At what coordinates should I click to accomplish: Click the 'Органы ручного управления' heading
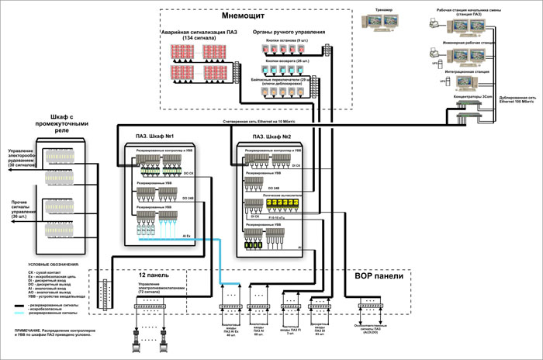(289, 33)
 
